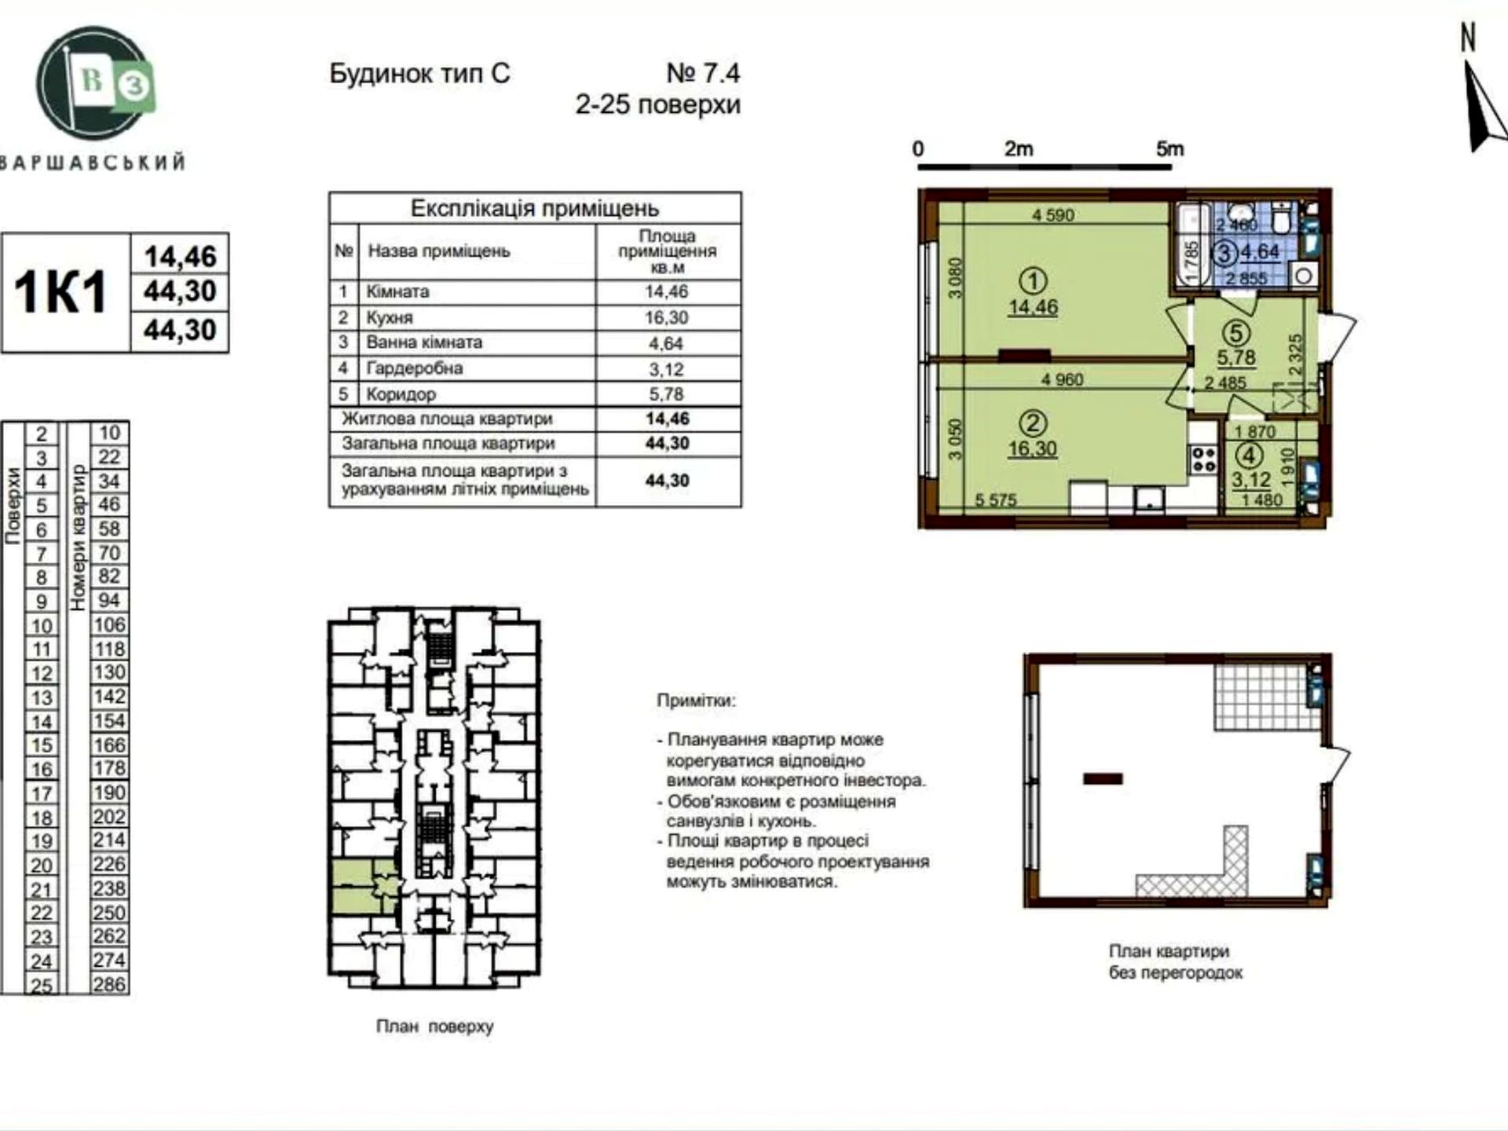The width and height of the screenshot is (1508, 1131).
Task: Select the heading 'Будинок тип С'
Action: [x=419, y=74]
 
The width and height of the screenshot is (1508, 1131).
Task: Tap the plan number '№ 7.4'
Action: [x=703, y=73]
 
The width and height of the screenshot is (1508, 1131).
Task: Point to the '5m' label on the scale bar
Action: [x=1169, y=148]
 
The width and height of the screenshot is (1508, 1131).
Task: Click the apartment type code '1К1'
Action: [x=60, y=292]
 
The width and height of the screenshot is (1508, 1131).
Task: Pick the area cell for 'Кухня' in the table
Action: [x=667, y=317]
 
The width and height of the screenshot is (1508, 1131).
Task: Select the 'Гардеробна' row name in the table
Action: [x=414, y=368]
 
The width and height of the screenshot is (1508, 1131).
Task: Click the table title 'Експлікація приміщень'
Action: [x=535, y=208]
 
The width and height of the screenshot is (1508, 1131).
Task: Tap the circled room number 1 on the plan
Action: [x=1033, y=280]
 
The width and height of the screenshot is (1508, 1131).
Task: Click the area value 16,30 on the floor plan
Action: [x=1033, y=449]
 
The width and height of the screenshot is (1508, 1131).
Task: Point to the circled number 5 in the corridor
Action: [x=1236, y=333]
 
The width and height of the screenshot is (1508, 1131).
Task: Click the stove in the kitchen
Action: [x=1203, y=459]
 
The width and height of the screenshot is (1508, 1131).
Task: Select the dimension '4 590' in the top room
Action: [x=1053, y=214]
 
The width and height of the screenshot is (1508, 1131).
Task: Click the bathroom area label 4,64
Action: [x=1261, y=252]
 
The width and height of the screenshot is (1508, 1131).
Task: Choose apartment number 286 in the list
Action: [x=109, y=983]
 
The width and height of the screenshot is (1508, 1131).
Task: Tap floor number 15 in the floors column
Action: [x=42, y=745]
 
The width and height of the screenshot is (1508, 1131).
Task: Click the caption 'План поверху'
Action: [x=434, y=1027]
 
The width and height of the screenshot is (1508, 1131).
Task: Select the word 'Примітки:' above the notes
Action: [x=697, y=701]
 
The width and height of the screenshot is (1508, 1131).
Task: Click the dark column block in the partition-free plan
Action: [x=1103, y=779]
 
